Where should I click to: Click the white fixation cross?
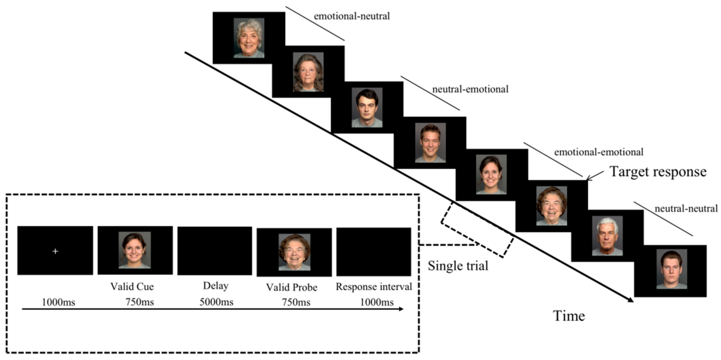click(55, 251)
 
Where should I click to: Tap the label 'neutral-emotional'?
click(470, 89)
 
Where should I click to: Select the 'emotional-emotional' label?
click(599, 152)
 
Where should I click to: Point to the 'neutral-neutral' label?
click(686, 209)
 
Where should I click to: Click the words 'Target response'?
click(658, 172)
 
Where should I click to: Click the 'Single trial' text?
click(458, 266)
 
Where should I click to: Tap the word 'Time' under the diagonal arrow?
click(569, 316)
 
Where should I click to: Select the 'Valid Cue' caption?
click(132, 286)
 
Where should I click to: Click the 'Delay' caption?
click(215, 286)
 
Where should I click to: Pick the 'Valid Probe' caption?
click(291, 287)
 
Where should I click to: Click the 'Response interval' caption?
click(374, 287)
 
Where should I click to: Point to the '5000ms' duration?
click(216, 302)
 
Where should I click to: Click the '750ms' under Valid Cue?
click(139, 302)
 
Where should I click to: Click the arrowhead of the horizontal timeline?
click(401, 309)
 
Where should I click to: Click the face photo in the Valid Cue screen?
click(135, 250)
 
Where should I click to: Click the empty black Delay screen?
click(215, 251)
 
